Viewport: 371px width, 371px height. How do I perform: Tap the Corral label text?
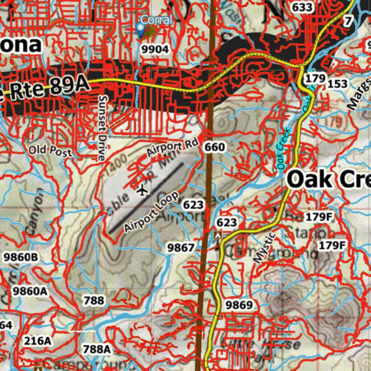[x=157, y=20]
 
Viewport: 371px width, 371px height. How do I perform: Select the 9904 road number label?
[x=155, y=50]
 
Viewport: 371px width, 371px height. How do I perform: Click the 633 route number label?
[x=302, y=7]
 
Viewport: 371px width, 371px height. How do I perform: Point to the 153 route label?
[x=337, y=84]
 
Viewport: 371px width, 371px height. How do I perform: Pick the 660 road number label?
[x=214, y=147]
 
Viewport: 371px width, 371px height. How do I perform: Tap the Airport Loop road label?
[x=151, y=212]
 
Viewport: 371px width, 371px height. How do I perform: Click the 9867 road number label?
[x=181, y=248]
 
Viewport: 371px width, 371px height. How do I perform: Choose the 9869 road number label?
[x=239, y=305]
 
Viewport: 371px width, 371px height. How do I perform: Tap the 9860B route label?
[x=21, y=257]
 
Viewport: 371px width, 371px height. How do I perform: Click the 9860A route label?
[x=30, y=291]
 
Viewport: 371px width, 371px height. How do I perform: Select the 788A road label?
[x=96, y=349]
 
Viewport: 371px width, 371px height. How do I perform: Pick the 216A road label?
[x=37, y=341]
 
